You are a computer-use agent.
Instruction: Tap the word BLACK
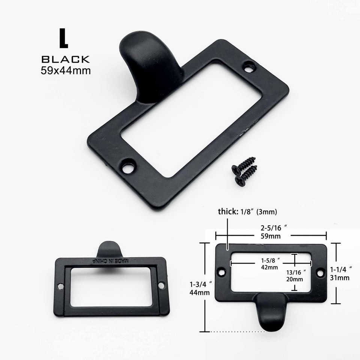[66, 59]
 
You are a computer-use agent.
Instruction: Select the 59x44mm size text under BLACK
[66, 70]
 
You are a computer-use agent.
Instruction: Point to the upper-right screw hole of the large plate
[248, 68]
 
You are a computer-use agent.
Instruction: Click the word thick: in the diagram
[227, 212]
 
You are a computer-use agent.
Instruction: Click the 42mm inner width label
[270, 267]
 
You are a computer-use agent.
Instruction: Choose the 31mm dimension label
[342, 277]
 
